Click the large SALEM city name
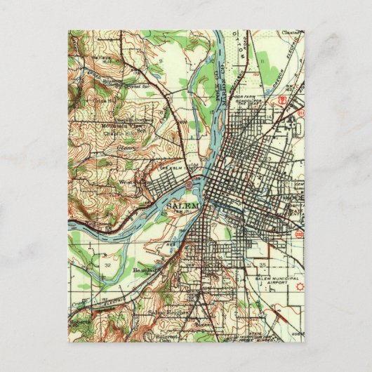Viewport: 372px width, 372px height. [185, 205]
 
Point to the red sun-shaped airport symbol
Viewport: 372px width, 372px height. [300, 287]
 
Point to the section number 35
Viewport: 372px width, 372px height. [262, 266]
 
